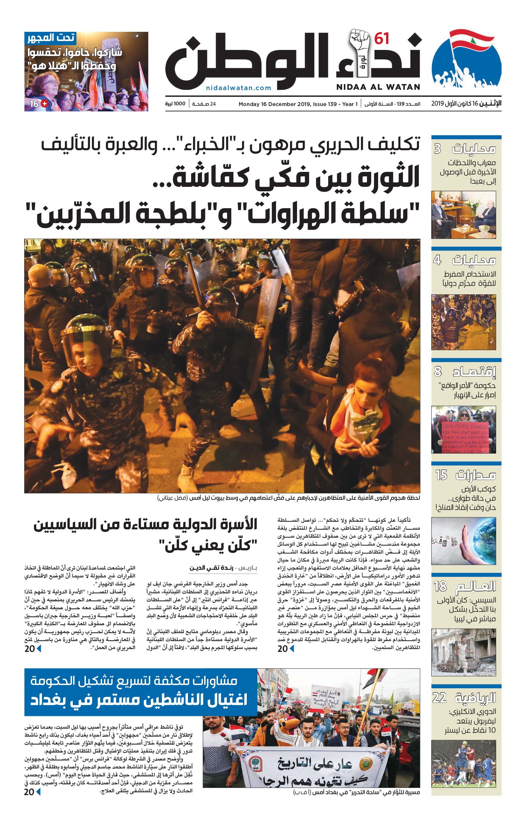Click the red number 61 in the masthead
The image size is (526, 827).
(382, 39)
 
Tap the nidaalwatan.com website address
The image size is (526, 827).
(239, 88)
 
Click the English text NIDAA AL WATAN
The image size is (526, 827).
(378, 87)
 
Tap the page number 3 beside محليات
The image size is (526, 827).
(438, 149)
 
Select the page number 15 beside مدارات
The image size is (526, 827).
(441, 475)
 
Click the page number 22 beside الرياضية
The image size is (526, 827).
(439, 697)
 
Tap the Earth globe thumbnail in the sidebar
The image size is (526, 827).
(464, 541)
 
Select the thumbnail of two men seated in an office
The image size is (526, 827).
(464, 215)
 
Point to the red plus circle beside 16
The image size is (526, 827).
(45, 103)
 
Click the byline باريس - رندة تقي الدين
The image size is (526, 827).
(223, 568)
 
